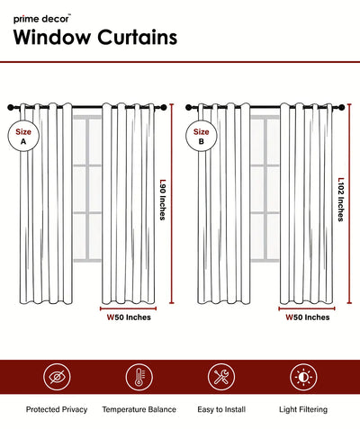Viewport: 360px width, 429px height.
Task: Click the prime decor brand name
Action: coord(41,19)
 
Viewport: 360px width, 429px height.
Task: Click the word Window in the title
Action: coord(52,37)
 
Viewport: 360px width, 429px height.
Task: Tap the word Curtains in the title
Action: coord(138,37)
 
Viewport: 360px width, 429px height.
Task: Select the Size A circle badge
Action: coord(23,136)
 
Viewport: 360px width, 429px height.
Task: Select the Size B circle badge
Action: coord(201,136)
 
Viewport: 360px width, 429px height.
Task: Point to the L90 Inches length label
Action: coord(163,200)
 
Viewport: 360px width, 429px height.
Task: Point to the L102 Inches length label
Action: coord(341,200)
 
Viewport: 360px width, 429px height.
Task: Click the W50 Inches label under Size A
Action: coord(129,317)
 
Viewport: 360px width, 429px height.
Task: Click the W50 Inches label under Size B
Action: coord(307,317)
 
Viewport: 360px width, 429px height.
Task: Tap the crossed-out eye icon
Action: coord(57,377)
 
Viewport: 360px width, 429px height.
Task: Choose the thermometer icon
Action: coord(139,377)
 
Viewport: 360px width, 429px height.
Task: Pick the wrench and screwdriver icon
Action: coord(221,377)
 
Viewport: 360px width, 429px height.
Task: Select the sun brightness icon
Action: coord(303,377)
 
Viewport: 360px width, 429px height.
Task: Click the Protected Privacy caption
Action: coord(57,409)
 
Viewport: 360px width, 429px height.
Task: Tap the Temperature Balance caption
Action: coord(139,409)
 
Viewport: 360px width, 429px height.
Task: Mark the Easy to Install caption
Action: coord(221,409)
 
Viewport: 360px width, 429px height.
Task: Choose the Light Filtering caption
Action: coord(303,409)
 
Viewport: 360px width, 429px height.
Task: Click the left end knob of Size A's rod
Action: coord(11,107)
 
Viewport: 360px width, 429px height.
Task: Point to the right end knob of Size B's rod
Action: coord(342,107)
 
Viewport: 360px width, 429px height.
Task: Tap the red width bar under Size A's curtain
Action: coord(128,308)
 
